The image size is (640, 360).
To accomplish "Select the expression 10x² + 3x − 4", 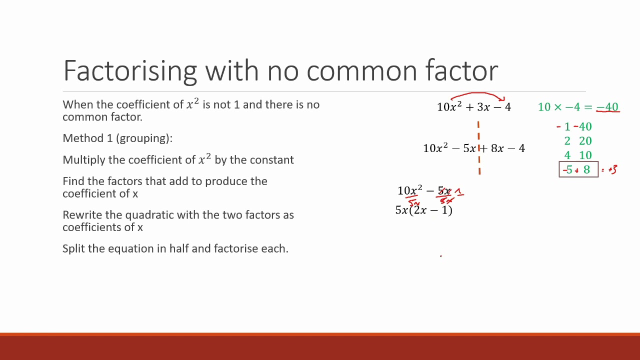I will [x=473, y=107].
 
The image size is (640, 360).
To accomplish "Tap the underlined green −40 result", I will [x=607, y=107].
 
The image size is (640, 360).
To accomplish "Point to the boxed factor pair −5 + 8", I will [x=578, y=170].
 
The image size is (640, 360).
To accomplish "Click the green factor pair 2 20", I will [x=578, y=141].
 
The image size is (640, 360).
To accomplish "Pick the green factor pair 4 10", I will [x=578, y=155].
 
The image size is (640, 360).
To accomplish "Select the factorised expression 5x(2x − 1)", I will [x=424, y=210].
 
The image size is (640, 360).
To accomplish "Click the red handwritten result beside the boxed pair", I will [x=610, y=170].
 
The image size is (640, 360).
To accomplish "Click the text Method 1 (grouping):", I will [x=117, y=138].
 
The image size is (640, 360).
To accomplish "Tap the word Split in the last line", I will [x=73, y=248].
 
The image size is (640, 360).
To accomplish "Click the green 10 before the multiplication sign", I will [x=544, y=107].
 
